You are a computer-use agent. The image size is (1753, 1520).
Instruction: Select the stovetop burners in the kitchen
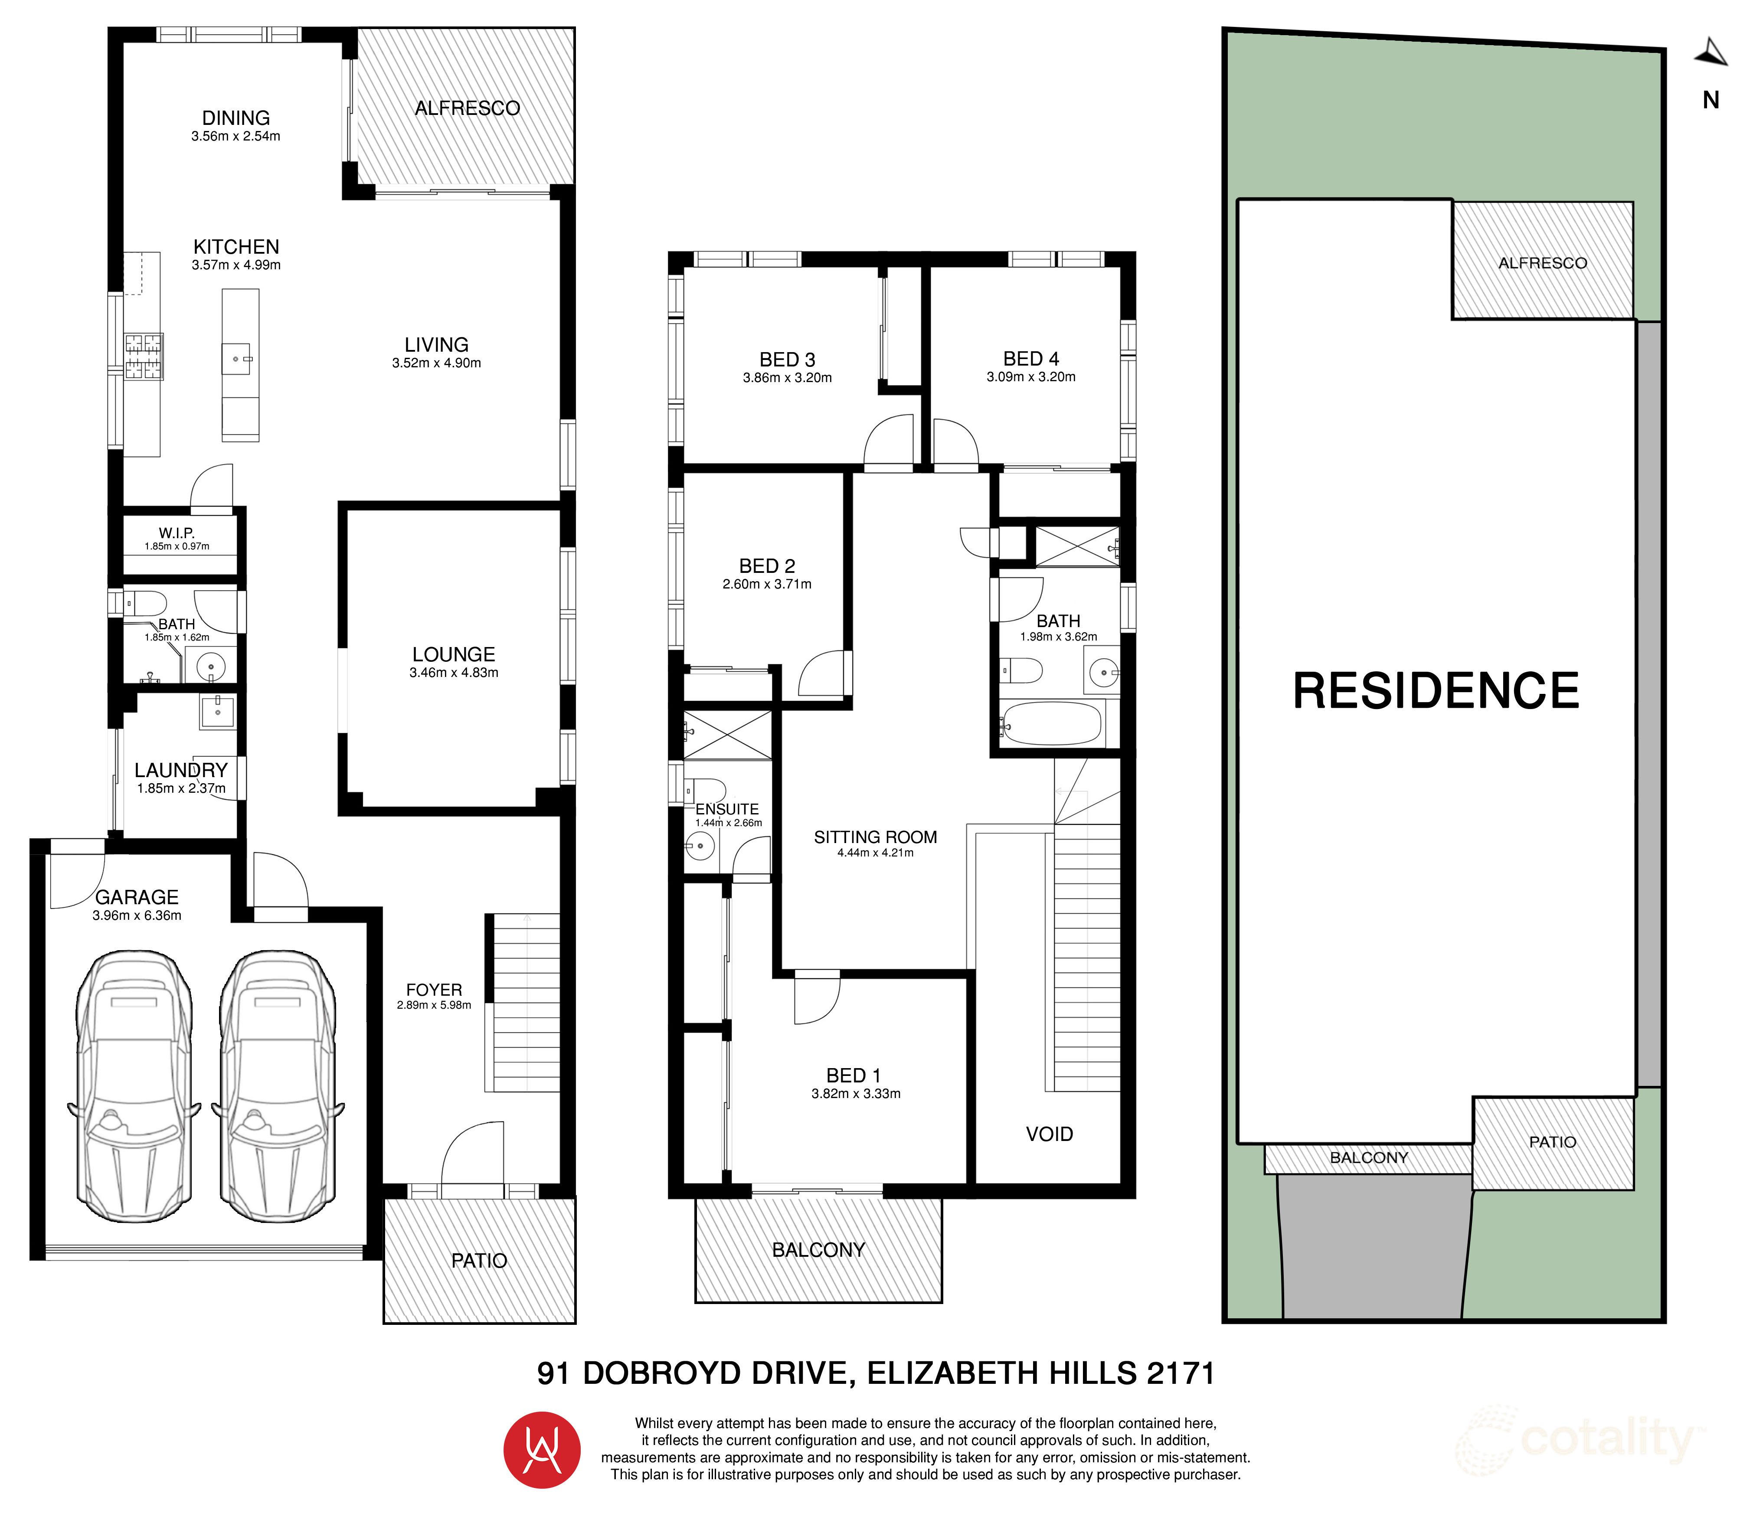point(143,356)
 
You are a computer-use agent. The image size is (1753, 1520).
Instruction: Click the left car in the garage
point(134,1087)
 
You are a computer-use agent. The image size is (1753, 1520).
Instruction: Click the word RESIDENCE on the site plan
point(1436,691)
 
